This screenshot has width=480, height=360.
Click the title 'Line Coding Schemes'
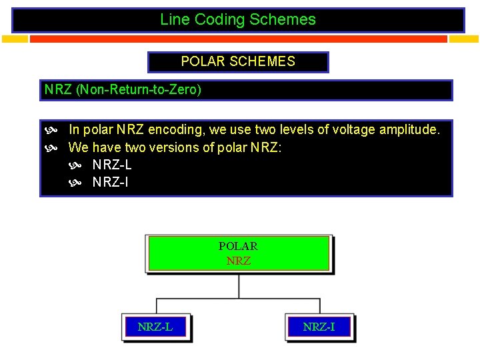238,20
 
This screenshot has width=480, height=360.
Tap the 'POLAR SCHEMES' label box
238,62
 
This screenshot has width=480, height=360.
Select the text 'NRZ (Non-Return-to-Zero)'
123,89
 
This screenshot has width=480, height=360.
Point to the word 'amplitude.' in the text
410,129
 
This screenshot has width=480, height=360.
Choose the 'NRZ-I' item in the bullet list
110,181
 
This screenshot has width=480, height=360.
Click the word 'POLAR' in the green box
238,246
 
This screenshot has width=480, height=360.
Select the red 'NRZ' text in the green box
239,261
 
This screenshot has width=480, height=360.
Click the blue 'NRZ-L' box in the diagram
155,327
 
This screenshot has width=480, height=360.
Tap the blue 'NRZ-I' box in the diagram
319,327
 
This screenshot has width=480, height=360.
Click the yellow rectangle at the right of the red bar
464,39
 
